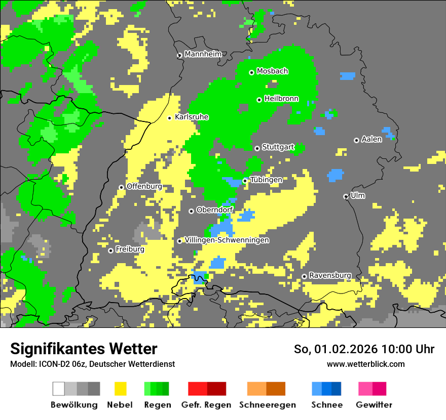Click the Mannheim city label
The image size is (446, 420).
203,54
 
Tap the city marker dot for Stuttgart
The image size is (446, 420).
257,148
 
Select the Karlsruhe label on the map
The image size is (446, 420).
192,117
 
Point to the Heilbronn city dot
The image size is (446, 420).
259,100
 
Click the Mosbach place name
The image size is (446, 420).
272,71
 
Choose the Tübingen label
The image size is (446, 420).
266,180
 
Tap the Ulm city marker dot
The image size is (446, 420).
346,196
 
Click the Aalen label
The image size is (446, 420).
371,139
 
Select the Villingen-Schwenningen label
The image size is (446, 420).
227,240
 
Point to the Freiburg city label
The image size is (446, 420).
130,249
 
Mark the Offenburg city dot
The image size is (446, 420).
121,187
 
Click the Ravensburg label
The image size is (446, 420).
330,275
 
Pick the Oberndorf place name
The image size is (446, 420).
215,211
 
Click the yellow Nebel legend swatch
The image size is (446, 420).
120,389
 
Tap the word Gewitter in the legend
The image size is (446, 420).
374,405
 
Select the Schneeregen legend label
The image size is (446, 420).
267,405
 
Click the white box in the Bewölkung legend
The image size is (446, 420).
59,389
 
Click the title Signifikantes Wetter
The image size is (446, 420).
84,349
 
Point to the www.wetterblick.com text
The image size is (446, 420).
365,364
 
